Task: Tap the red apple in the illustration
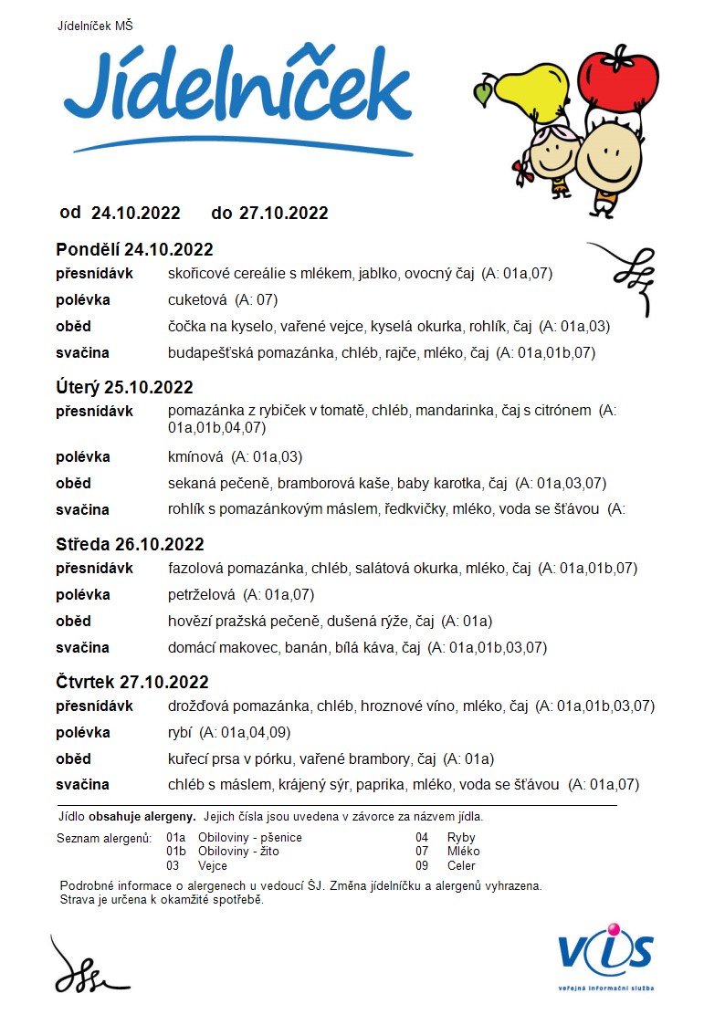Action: point(619,77)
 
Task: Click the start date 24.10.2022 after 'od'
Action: point(136,214)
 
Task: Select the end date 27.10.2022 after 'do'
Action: point(283,214)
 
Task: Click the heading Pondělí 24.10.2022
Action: point(134,250)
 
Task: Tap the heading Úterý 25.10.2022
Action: point(124,386)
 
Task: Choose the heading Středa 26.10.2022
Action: point(130,545)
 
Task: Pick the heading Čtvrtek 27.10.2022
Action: point(132,682)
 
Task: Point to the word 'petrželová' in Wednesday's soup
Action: point(202,595)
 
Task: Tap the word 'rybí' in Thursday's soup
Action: point(180,732)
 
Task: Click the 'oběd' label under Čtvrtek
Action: point(74,758)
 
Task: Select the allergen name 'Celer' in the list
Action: point(461,865)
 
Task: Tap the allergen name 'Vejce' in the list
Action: point(213,865)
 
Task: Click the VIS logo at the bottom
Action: point(606,953)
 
